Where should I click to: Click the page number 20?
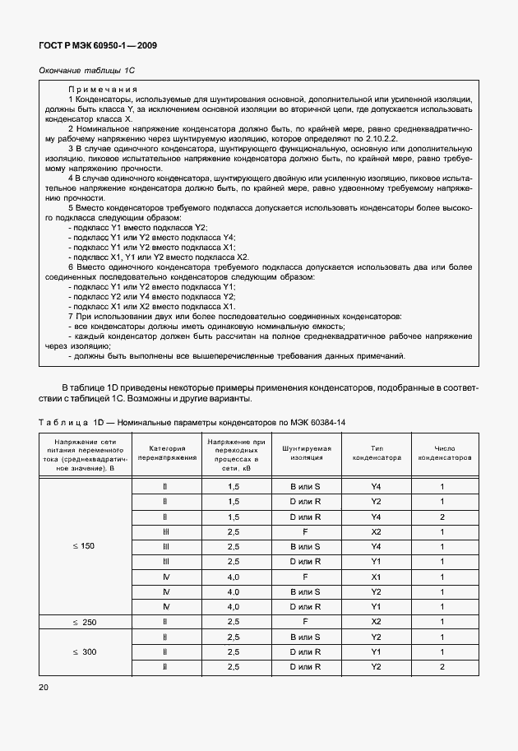pos(44,686)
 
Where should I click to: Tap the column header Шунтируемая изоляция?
pos(305,452)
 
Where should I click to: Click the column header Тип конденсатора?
pos(375,452)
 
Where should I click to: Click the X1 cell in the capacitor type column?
pos(375,577)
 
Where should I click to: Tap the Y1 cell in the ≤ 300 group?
pos(375,651)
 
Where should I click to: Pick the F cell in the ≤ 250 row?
pos(305,622)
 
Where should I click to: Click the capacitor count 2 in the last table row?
pos(442,666)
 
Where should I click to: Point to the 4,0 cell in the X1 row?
pos(233,577)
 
